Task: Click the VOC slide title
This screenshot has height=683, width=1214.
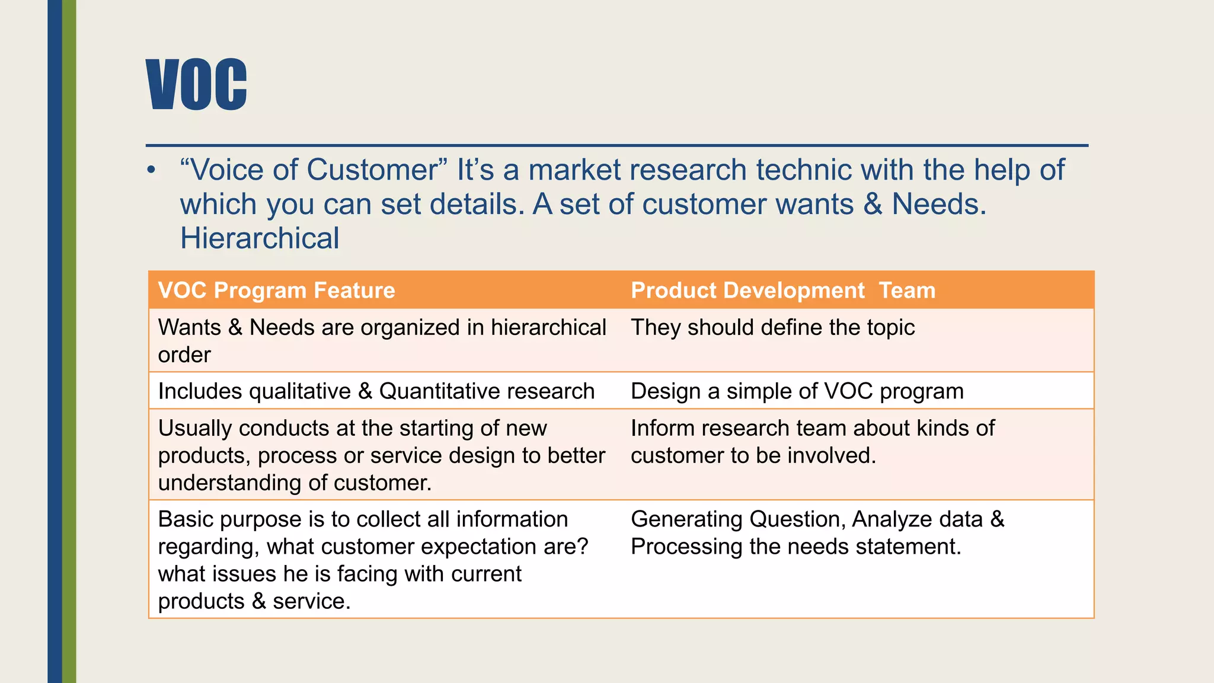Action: click(x=196, y=84)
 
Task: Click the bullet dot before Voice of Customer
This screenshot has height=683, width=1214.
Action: click(x=152, y=171)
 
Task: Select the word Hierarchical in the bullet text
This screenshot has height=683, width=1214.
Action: click(x=260, y=238)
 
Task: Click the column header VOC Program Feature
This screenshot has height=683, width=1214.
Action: click(x=276, y=291)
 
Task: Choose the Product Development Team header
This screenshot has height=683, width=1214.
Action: click(x=782, y=291)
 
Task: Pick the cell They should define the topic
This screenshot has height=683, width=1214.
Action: click(x=772, y=327)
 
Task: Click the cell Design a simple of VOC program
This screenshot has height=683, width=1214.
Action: click(x=797, y=391)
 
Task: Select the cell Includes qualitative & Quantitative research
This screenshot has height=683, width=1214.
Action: click(x=376, y=391)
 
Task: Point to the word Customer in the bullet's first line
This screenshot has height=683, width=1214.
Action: click(x=372, y=170)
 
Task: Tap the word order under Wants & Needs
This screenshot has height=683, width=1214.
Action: click(x=184, y=355)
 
